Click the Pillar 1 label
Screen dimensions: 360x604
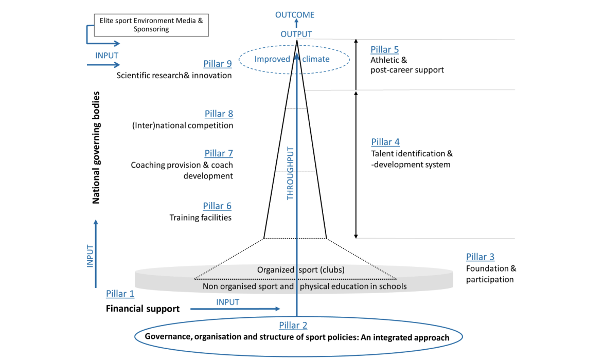(120, 294)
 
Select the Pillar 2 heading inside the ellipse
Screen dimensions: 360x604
(293, 325)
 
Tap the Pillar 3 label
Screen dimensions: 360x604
(480, 257)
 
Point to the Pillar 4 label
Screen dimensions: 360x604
(385, 142)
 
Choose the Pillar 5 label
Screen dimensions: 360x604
(384, 49)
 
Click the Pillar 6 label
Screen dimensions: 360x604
(217, 206)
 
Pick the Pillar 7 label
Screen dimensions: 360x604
(219, 153)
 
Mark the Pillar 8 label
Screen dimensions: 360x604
(219, 114)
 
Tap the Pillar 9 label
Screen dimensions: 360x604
(218, 64)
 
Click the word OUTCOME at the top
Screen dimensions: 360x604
(295, 15)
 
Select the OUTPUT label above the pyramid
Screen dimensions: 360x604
(296, 34)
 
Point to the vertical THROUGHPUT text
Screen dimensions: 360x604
(290, 173)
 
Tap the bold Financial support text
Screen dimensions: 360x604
(143, 309)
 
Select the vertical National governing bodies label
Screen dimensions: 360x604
(96, 148)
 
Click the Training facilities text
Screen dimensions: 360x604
(201, 218)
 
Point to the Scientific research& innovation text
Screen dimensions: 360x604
(174, 75)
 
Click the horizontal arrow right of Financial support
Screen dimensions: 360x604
(235, 309)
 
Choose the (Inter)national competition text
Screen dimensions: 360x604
(182, 125)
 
